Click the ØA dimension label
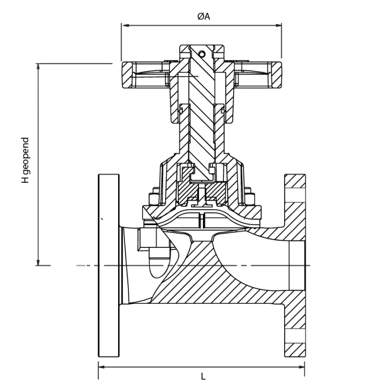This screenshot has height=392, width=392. coord(203,17)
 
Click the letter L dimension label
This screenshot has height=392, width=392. coord(203,376)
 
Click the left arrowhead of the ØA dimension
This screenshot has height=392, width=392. coord(124,25)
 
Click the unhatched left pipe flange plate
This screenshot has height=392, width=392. coord(108,265)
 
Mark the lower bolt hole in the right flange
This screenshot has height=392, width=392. coord(294,336)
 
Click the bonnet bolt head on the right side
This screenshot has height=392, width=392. coord(251,198)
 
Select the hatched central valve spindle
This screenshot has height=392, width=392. coord(201,122)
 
